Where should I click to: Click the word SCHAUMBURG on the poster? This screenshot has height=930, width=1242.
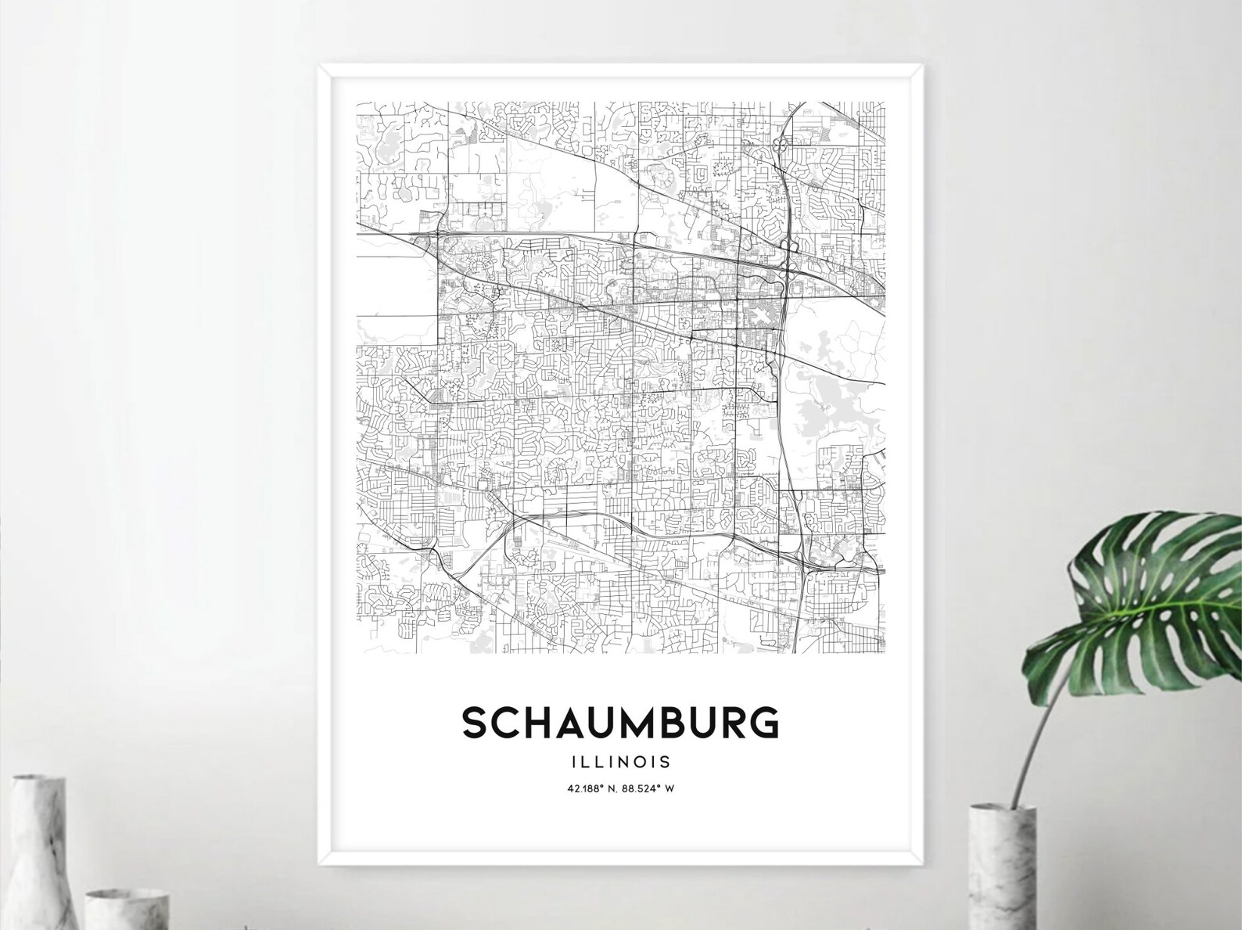[620, 723]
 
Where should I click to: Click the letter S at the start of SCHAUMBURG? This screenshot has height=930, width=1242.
[474, 723]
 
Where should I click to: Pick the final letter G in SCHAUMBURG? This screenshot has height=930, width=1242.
[766, 723]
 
